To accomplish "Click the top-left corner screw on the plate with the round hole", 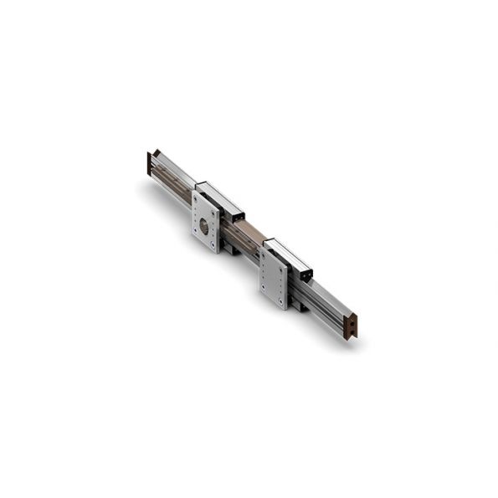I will coord(196,198).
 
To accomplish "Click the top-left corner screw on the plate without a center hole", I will coord(264,254).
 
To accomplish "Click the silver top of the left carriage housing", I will coord(220,197).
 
